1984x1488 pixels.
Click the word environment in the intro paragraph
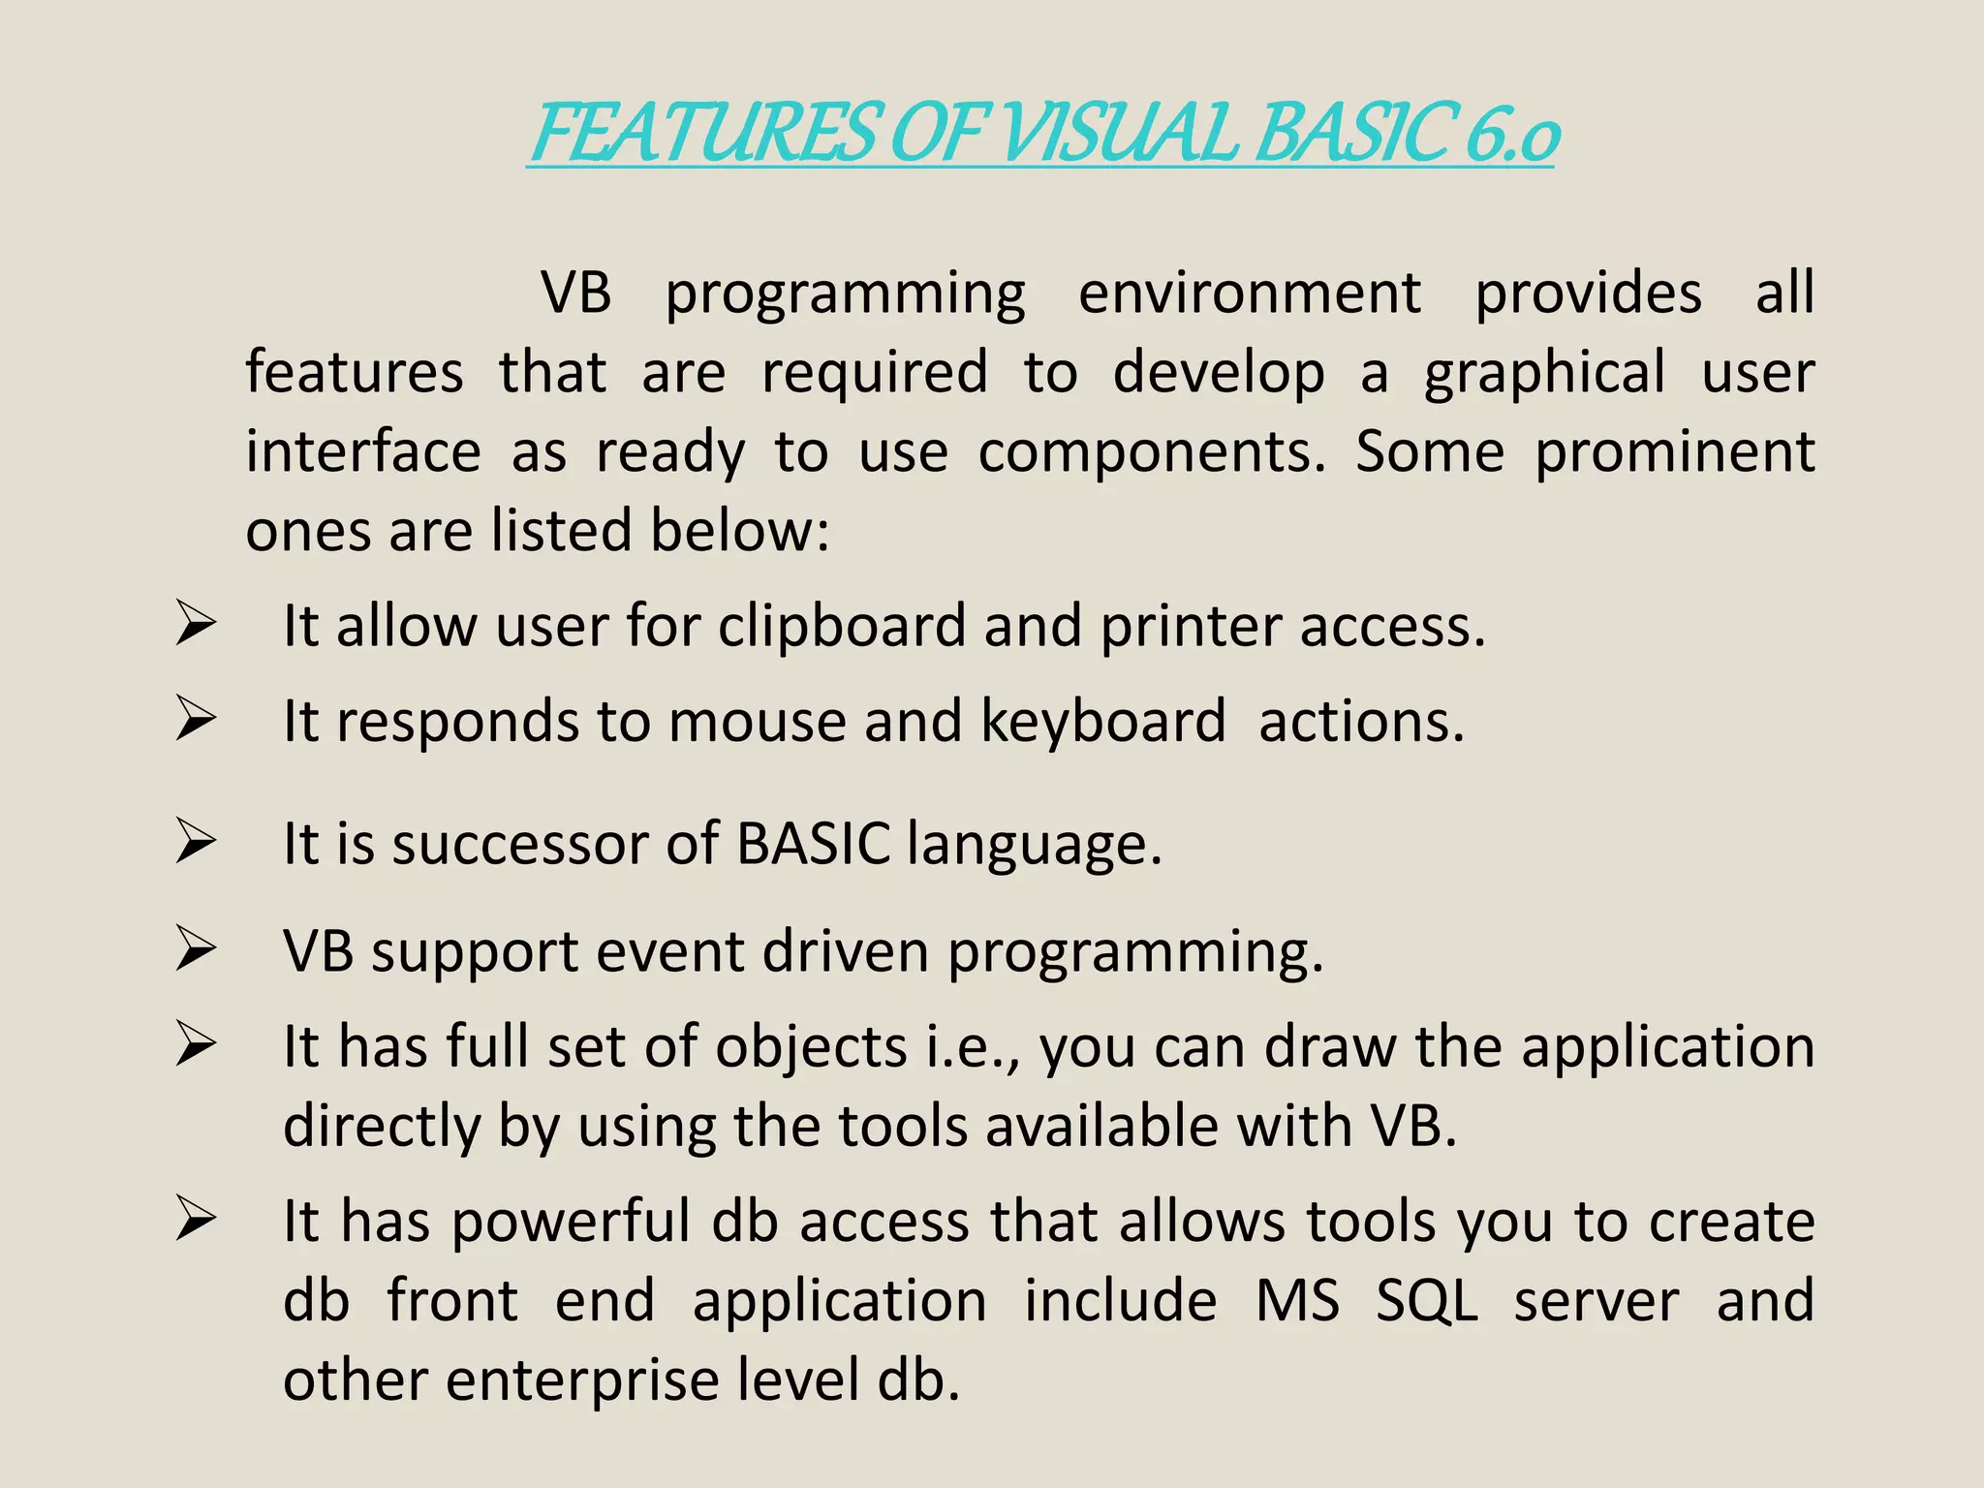(x=1250, y=293)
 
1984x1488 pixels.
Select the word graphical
(x=1545, y=374)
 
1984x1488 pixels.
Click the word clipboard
(x=842, y=626)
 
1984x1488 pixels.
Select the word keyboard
(x=1103, y=722)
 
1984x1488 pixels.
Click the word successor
(x=519, y=844)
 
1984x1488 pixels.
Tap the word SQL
(x=1427, y=1301)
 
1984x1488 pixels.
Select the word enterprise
(x=582, y=1380)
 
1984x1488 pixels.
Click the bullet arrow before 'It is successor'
(x=196, y=842)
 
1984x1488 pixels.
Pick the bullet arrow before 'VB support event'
(x=196, y=949)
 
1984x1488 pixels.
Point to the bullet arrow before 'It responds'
(x=196, y=721)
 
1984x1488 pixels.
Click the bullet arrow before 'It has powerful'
(x=196, y=1220)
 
